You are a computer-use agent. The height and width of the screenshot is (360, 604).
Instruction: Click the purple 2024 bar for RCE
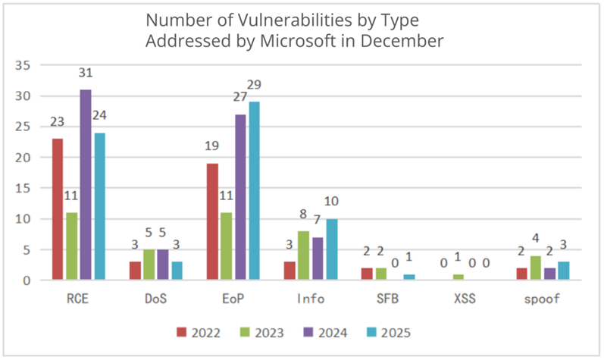pos(86,185)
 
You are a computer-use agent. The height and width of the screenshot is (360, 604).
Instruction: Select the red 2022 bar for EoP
pos(213,221)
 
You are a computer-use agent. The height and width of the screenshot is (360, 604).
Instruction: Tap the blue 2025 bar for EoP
pos(254,191)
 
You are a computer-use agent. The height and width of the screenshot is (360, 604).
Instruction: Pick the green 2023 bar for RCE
pos(71,246)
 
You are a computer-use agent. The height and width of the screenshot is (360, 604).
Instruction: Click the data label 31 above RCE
pos(86,74)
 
